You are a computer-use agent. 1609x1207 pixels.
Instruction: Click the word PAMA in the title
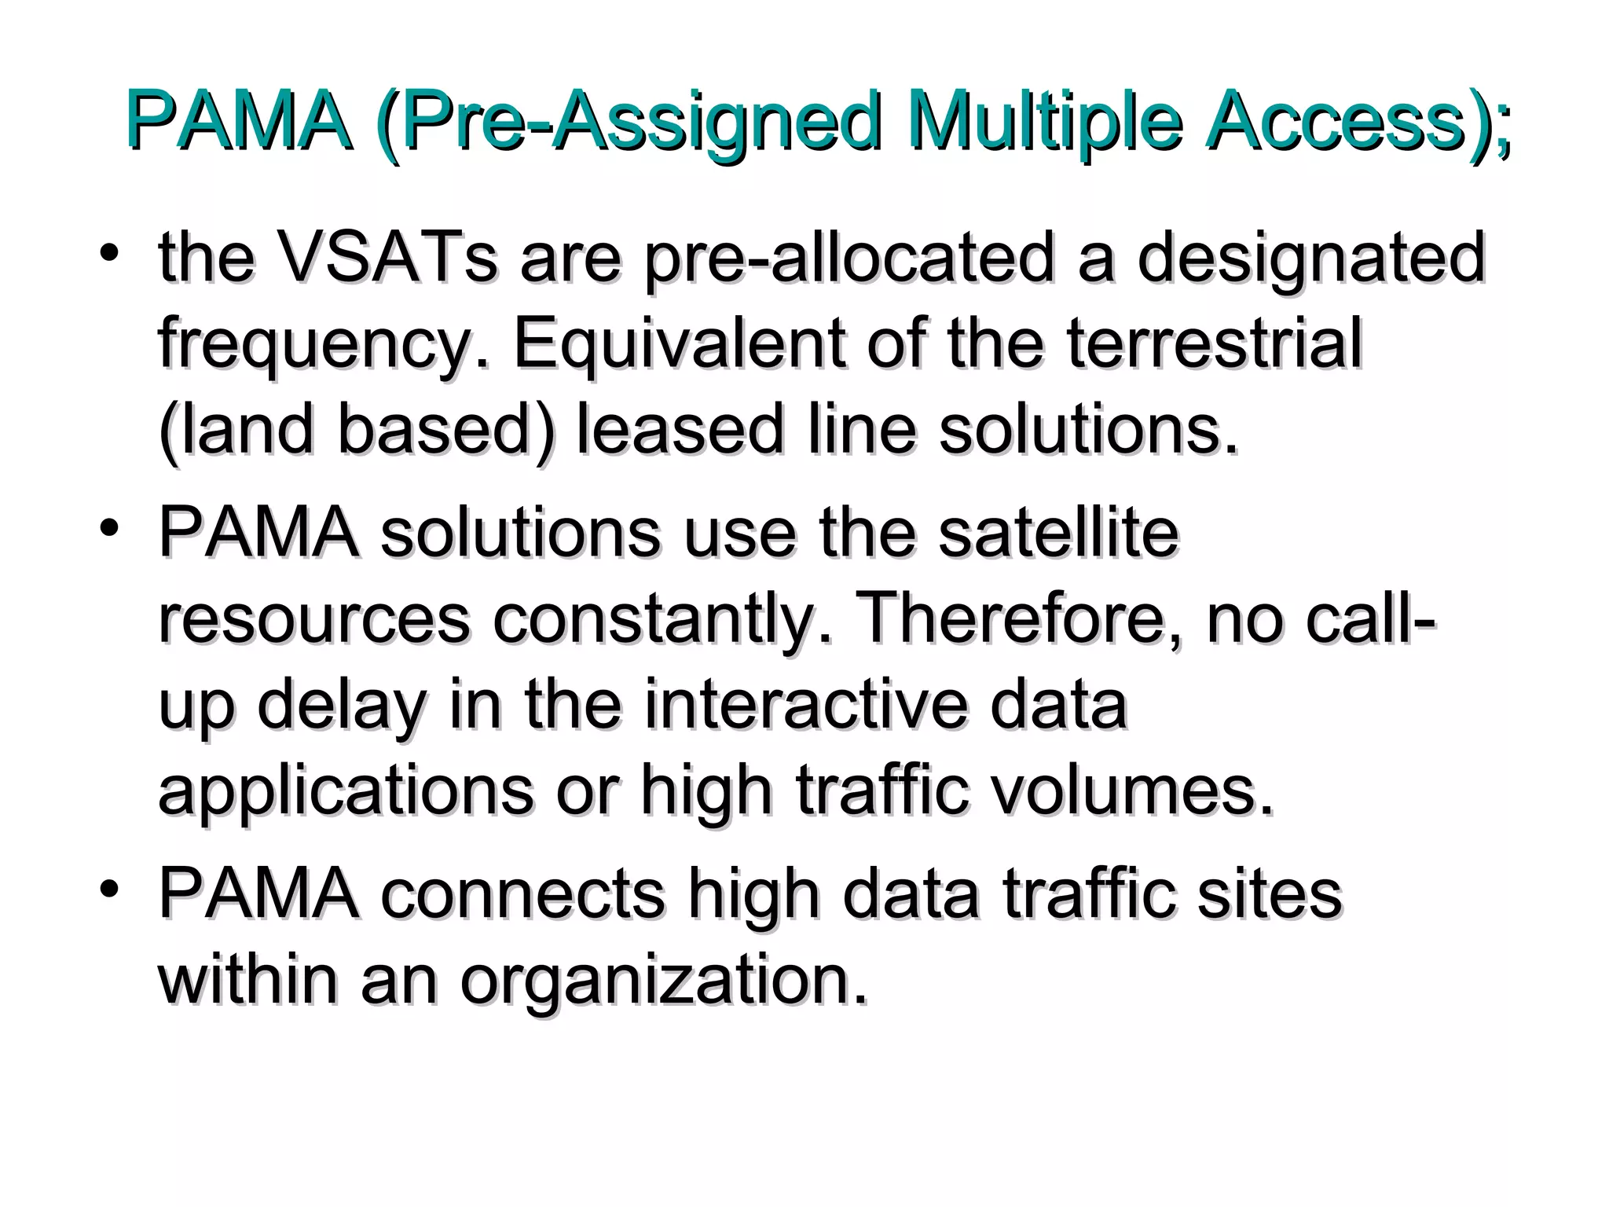click(237, 124)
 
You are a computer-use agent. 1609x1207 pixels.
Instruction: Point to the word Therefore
click(1013, 621)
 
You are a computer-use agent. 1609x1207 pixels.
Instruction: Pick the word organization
click(664, 982)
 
